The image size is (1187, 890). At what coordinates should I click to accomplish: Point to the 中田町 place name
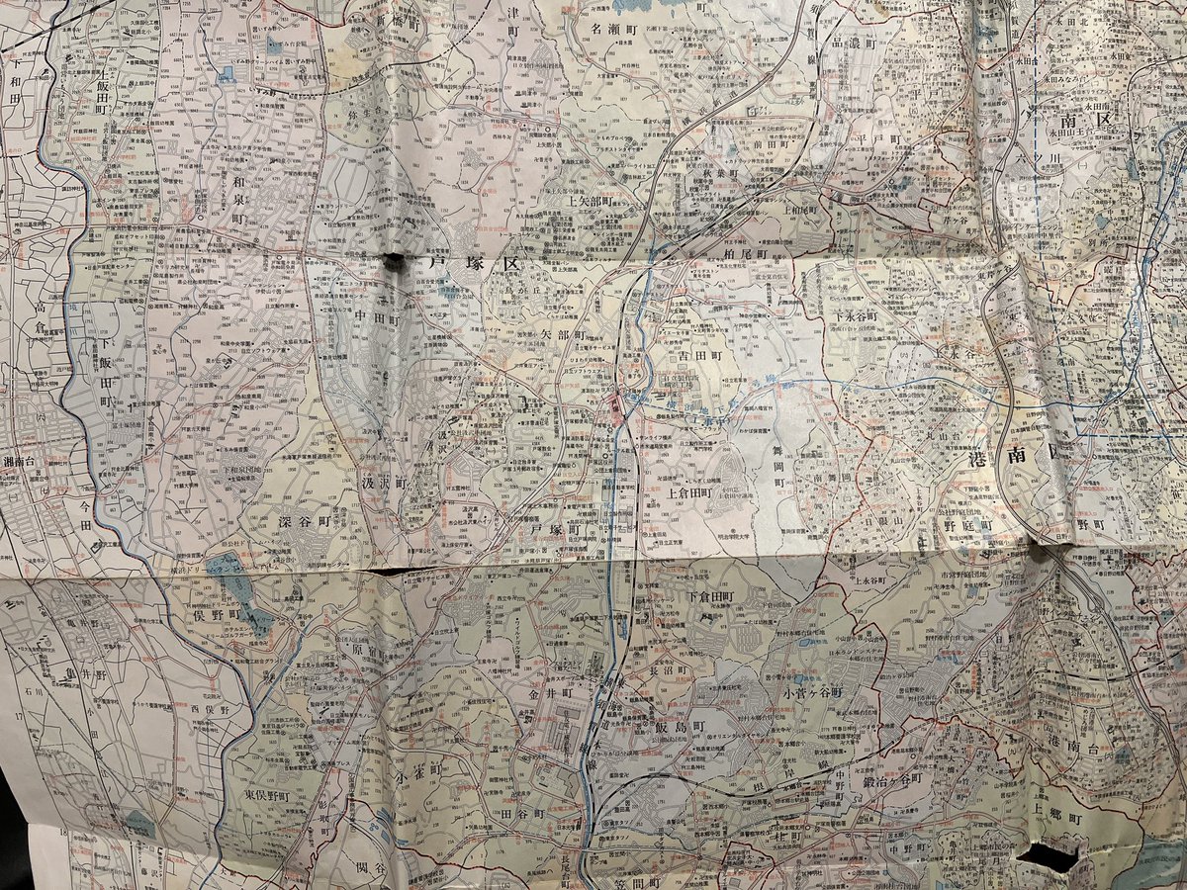[376, 318]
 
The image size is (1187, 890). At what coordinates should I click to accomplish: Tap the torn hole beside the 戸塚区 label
[393, 261]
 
